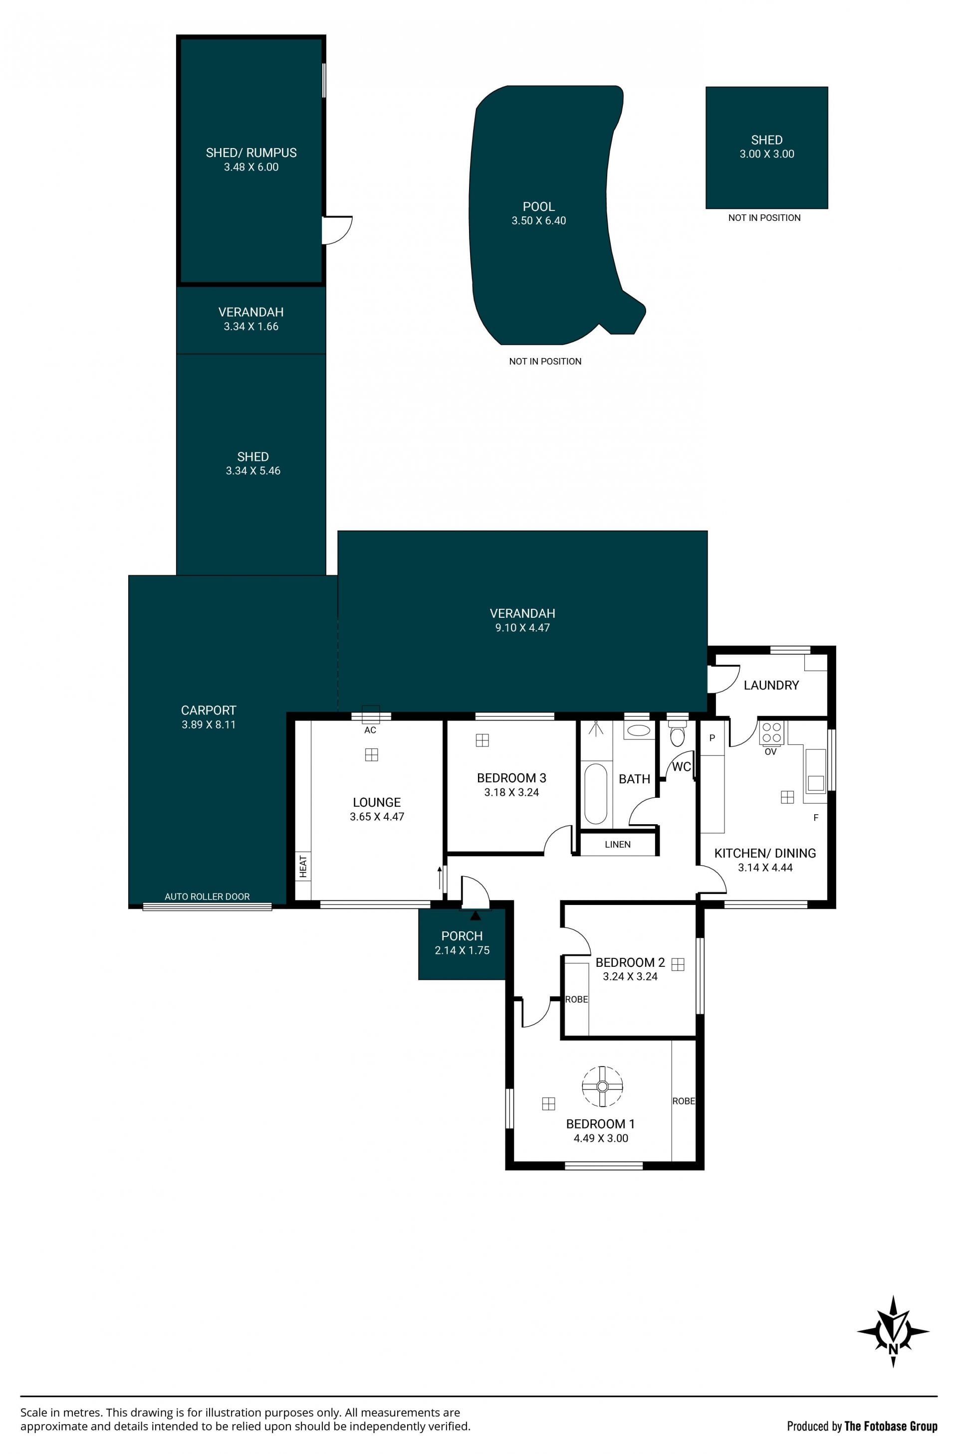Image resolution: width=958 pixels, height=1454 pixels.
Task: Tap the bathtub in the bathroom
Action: (595, 792)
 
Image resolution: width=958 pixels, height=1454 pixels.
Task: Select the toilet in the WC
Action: (677, 733)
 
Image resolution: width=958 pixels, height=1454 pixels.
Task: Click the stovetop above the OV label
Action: (771, 732)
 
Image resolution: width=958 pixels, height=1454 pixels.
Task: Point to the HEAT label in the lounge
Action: (303, 866)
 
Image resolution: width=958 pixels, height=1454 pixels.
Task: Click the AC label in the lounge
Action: (370, 730)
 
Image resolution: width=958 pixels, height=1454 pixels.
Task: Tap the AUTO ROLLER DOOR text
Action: (207, 897)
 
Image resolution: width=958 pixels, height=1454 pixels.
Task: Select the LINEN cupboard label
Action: (618, 844)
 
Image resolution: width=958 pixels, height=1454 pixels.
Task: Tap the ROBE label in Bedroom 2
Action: (576, 999)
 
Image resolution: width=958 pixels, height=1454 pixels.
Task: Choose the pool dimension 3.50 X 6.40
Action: (538, 220)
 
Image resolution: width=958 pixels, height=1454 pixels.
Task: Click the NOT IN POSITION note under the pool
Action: (545, 361)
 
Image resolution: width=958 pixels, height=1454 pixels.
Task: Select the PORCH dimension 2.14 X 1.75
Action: (462, 950)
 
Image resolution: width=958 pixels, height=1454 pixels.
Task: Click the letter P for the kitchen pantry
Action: (712, 738)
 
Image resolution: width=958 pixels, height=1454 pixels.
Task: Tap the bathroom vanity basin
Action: (639, 730)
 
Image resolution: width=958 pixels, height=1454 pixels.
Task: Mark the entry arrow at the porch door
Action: (476, 915)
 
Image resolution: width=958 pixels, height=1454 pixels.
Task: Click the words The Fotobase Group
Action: (891, 1427)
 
